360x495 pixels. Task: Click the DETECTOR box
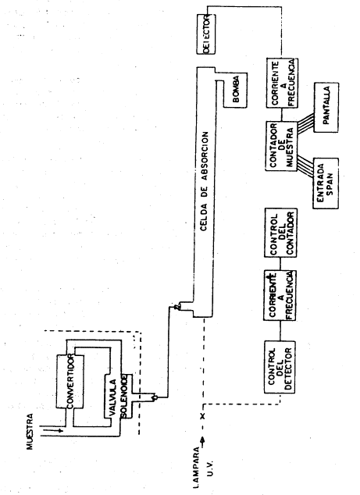coord(206,34)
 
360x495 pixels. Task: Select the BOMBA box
coord(235,91)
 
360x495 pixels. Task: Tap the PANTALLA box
coord(326,107)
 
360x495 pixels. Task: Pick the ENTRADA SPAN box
coord(326,183)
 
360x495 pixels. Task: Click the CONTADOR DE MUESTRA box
coord(281,146)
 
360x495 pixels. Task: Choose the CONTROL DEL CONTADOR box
coord(280,233)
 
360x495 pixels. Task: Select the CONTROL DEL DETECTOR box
coord(280,367)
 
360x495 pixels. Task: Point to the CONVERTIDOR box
coord(70,382)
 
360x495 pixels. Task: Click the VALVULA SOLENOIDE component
coord(116,396)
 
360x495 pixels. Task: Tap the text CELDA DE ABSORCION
coord(205,181)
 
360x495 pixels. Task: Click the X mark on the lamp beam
coord(203,416)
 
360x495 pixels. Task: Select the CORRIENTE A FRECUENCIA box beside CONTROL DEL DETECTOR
coord(280,295)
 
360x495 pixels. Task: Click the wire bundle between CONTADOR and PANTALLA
coord(305,122)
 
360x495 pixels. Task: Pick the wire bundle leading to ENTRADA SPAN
coord(305,164)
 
